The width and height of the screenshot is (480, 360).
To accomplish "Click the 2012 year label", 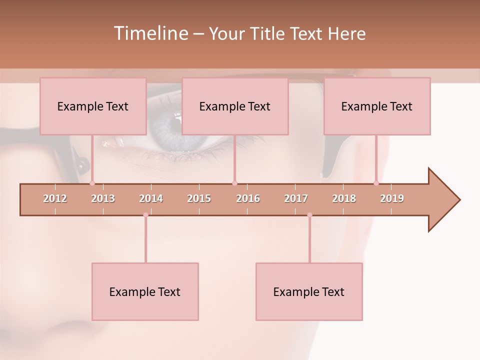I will (x=55, y=198).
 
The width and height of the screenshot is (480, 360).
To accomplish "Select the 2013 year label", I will (x=103, y=198).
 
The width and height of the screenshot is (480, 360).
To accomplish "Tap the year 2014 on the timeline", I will (x=151, y=198).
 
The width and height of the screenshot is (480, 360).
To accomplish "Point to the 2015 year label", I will (x=199, y=198).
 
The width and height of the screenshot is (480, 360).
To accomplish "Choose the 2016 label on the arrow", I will (x=248, y=198).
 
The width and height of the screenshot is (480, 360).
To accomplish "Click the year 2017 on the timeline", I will (x=296, y=198).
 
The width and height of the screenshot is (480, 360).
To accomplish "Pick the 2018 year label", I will (x=344, y=198).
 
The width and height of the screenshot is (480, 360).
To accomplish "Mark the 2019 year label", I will (x=392, y=198).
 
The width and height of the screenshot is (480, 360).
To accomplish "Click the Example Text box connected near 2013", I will (x=93, y=106).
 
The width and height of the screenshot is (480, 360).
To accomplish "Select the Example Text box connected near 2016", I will (x=235, y=106).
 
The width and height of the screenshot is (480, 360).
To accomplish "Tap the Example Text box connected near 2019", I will (x=377, y=106).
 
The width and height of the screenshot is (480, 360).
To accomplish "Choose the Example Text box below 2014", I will (x=145, y=291).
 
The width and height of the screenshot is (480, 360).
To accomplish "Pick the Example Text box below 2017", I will (x=309, y=291).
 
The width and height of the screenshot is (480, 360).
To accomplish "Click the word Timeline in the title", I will (x=149, y=33).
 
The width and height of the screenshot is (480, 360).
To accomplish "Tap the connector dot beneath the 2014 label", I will (x=145, y=215).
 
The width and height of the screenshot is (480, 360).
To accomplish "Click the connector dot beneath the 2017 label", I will (x=309, y=215).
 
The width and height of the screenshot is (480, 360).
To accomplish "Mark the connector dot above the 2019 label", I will (x=376, y=183).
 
